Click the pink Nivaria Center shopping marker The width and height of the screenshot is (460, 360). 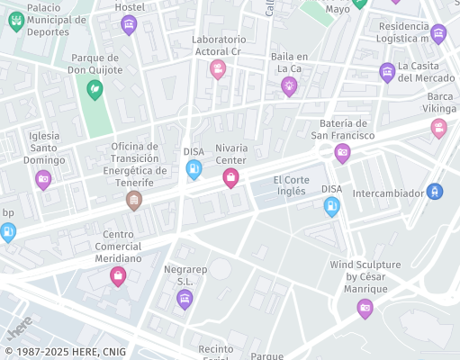tap(230, 178)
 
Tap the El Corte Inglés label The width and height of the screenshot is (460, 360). tap(290, 184)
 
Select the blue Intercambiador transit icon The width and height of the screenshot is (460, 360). tap(435, 191)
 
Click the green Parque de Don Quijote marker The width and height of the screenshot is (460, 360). tap(95, 89)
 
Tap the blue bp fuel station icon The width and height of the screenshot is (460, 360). tap(8, 232)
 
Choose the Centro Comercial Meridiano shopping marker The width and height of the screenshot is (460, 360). tap(117, 276)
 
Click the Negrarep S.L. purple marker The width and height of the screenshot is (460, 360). tap(185, 300)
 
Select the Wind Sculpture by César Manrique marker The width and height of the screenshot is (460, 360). tap(365, 309)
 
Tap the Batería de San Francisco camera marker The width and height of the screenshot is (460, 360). tap(342, 153)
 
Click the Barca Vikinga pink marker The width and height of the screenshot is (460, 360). tap(438, 128)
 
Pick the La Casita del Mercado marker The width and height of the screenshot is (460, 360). tap(387, 72)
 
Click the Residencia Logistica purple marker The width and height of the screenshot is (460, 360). tap(438, 34)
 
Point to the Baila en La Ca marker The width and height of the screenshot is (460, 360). tap(289, 85)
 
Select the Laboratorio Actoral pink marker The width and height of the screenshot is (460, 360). tap(218, 68)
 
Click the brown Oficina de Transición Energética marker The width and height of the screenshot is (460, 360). tap(134, 200)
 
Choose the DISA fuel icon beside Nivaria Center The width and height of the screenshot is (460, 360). tap(194, 169)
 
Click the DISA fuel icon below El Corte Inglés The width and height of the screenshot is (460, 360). tap(332, 207)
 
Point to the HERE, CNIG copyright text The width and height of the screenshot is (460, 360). tap(65, 352)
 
